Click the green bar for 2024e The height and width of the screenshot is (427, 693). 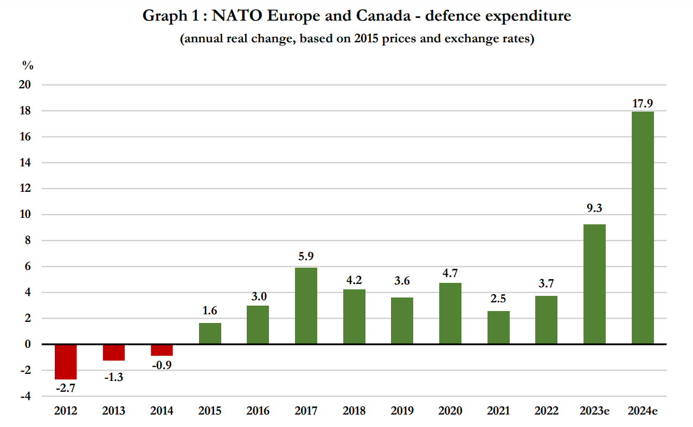tap(643, 228)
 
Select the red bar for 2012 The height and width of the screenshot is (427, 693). tap(66, 361)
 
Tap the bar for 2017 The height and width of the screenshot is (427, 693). tap(306, 306)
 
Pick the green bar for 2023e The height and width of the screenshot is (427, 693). tap(594, 284)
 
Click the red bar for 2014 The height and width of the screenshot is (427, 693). tap(162, 350)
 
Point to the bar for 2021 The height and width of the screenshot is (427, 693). tap(498, 327)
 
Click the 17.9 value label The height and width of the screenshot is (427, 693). tap(643, 103)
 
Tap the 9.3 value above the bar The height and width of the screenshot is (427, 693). tap(594, 208)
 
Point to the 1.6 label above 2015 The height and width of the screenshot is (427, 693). tap(210, 311)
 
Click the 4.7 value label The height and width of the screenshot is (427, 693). tap(450, 273)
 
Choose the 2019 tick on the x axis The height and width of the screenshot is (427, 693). tap(402, 411)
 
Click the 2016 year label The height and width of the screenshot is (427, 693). tap(258, 411)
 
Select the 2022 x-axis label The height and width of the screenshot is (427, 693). tap(546, 411)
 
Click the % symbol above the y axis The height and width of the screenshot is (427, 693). tap(28, 66)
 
